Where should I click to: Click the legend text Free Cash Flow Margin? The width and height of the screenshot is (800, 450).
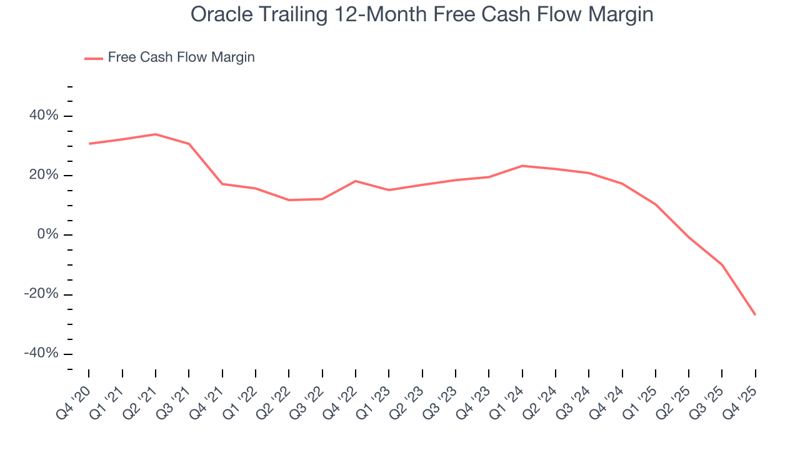(x=181, y=57)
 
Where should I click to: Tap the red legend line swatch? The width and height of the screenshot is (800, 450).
(x=94, y=58)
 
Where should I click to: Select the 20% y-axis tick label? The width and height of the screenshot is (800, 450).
(x=43, y=175)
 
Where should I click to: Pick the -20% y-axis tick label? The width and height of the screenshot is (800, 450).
(x=41, y=294)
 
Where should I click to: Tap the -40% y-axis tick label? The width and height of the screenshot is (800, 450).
(x=41, y=353)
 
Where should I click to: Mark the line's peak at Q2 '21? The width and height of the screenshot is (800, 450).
(x=156, y=134)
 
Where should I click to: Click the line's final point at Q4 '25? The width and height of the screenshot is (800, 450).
(x=755, y=314)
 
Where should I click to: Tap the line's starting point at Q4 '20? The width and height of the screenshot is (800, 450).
(x=89, y=144)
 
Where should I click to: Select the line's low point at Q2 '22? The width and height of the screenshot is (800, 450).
(x=289, y=200)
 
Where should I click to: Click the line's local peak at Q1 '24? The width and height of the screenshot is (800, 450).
(x=522, y=166)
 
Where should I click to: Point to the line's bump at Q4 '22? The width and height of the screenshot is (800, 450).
(x=356, y=181)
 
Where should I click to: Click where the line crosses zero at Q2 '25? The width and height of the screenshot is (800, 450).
(x=688, y=236)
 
